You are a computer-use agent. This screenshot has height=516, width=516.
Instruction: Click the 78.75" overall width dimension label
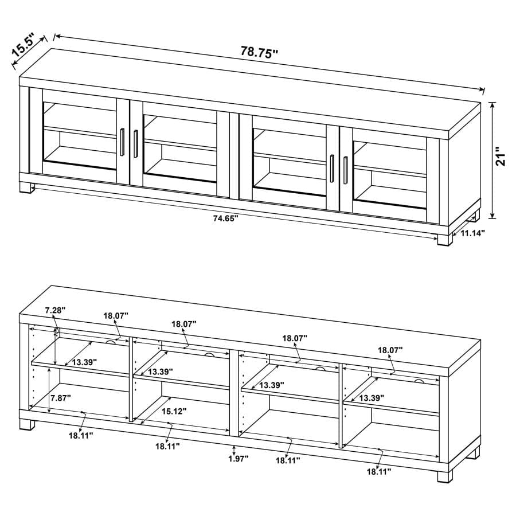click(259, 51)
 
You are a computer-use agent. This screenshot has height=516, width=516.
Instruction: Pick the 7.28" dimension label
click(56, 310)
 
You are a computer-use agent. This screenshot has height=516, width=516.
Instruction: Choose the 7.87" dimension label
click(60, 398)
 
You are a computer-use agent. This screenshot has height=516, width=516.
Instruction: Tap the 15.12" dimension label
click(173, 411)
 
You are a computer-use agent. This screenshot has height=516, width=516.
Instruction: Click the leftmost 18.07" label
click(116, 315)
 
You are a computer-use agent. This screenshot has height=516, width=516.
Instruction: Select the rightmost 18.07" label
click(390, 349)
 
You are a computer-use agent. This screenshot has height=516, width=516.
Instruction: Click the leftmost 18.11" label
click(81, 435)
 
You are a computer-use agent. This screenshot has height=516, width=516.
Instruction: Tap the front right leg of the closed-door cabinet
click(445, 238)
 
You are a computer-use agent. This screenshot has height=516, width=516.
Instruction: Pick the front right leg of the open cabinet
click(445, 476)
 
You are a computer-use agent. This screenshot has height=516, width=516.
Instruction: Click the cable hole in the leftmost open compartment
click(110, 342)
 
